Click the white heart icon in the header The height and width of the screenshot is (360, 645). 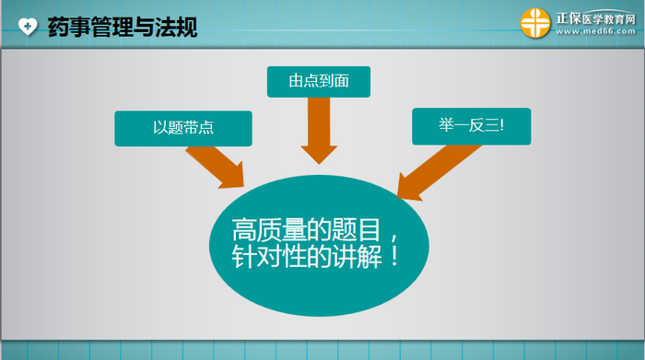coord(28,27)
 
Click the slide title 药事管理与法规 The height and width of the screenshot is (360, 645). coord(123,27)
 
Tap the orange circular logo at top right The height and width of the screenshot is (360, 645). coord(535,23)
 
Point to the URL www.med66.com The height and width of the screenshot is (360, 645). coord(595,31)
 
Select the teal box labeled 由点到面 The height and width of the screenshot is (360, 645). coord(319,82)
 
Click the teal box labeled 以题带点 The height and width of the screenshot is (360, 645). coord(183,128)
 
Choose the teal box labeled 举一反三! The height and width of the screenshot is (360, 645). coord(472,126)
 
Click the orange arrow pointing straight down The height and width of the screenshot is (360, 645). coord(319,131)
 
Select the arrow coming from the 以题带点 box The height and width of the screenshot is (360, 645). coord(216,167)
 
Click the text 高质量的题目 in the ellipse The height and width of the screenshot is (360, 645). coord(307,230)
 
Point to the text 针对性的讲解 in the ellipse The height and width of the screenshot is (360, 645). coord(307,257)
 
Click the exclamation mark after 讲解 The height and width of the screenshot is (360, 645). coord(394,256)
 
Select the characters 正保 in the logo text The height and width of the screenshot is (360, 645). coord(569,18)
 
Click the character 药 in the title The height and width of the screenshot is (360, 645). coord(58,27)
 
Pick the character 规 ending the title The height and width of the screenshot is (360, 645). coord(187,27)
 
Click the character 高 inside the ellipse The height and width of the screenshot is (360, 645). coord(244,230)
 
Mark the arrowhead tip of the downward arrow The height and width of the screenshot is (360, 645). coord(319,164)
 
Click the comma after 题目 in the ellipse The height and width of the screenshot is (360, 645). coord(394,238)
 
